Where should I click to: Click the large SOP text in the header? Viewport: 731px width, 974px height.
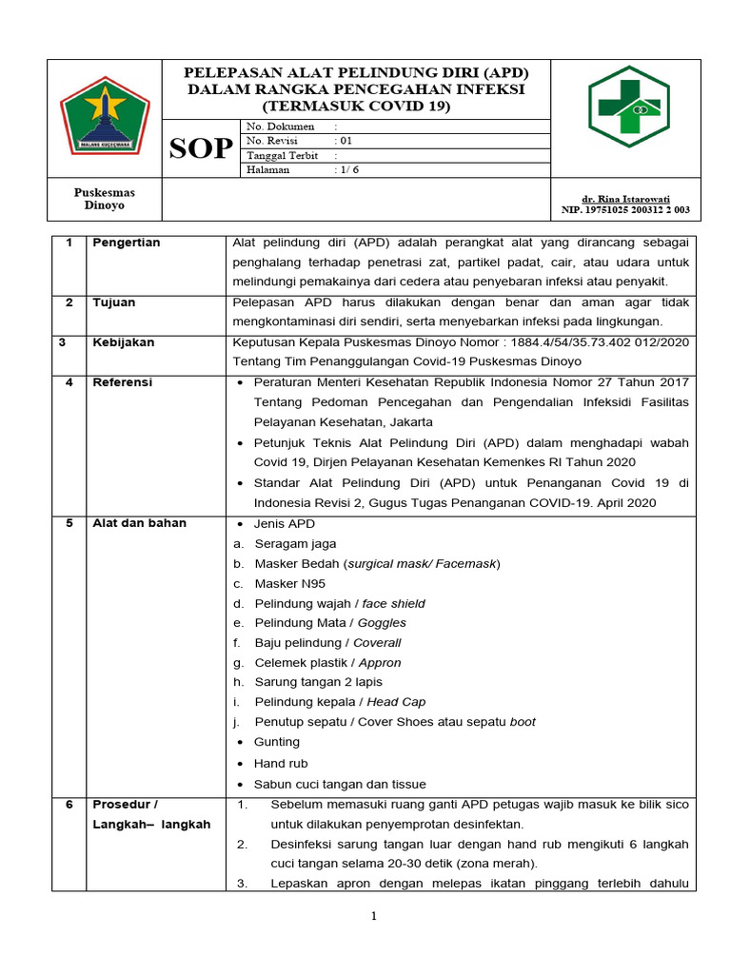pos(201,149)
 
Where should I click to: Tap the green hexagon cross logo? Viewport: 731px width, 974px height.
pos(628,107)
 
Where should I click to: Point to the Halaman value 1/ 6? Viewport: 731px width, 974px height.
pos(347,169)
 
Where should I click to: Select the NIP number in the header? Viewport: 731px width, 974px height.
pos(625,210)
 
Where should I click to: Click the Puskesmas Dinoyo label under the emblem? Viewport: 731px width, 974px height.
pos(105,199)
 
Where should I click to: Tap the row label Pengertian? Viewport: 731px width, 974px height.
pos(126,243)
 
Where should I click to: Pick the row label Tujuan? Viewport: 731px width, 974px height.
pos(113,302)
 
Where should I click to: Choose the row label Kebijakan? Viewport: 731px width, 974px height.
pos(123,342)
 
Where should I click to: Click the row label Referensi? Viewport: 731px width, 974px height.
pos(122,382)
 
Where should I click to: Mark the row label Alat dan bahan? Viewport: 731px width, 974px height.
pos(139,523)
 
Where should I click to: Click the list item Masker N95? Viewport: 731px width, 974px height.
pos(289,584)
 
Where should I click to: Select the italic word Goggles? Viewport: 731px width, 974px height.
pos(382,623)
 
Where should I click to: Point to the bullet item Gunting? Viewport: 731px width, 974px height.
pos(276,742)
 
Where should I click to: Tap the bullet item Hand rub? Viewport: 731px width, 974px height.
pos(280,763)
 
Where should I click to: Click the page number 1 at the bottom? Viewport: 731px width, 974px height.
pos(375,916)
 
